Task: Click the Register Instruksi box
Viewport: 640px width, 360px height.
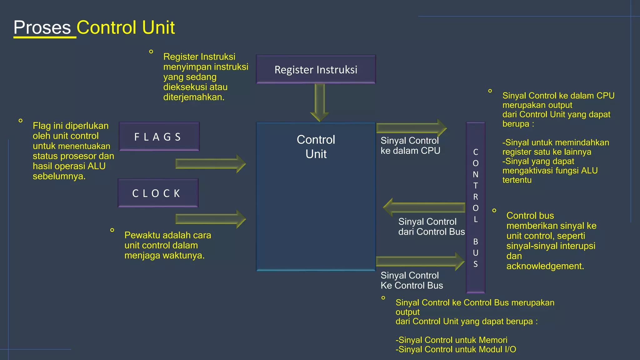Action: pos(316,69)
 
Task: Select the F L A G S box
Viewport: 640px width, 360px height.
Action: pos(159,137)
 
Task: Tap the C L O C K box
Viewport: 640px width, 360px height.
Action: pos(158,193)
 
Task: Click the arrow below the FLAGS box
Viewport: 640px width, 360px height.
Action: pos(210,163)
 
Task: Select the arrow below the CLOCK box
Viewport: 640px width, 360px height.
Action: pos(210,219)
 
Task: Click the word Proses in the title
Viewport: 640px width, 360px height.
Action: pos(42,27)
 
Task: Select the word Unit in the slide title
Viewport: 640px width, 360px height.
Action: pos(158,27)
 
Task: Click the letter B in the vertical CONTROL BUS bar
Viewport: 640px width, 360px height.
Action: pos(475,242)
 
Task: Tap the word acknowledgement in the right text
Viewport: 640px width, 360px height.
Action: pos(545,266)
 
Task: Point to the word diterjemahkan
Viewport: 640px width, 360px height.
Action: pos(193,97)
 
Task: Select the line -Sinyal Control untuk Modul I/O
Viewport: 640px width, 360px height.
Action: pos(456,349)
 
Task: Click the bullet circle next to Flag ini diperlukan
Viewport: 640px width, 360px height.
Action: pos(21,121)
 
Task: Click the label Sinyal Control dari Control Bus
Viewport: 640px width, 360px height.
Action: pos(431,227)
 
